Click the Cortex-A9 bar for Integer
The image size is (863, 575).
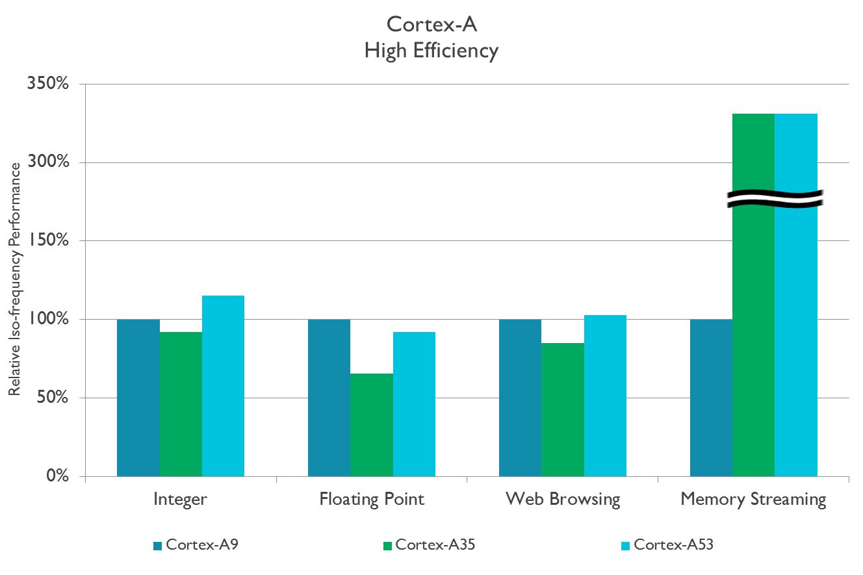[x=138, y=398]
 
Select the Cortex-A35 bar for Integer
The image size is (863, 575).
[x=181, y=404]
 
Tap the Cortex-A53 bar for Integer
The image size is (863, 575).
[x=223, y=386]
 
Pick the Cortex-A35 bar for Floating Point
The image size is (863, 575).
[x=372, y=425]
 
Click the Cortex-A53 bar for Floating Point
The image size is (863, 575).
[x=414, y=404]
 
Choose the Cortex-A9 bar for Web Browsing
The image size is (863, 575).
[x=520, y=398]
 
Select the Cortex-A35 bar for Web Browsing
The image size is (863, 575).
[x=563, y=409]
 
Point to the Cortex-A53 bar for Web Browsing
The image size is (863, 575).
[x=605, y=396]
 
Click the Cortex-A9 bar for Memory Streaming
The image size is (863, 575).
[x=711, y=398]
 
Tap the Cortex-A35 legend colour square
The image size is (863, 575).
[x=387, y=546]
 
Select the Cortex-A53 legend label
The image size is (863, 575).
[x=673, y=545]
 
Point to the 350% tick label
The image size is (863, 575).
[x=47, y=84]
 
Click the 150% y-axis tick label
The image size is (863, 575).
[x=47, y=241]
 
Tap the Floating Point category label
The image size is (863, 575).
[x=372, y=500]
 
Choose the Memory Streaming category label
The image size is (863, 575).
[x=753, y=500]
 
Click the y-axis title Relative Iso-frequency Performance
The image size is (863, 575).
[x=14, y=279]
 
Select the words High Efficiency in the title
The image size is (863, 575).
[x=431, y=50]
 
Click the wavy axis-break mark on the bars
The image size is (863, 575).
[x=775, y=199]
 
